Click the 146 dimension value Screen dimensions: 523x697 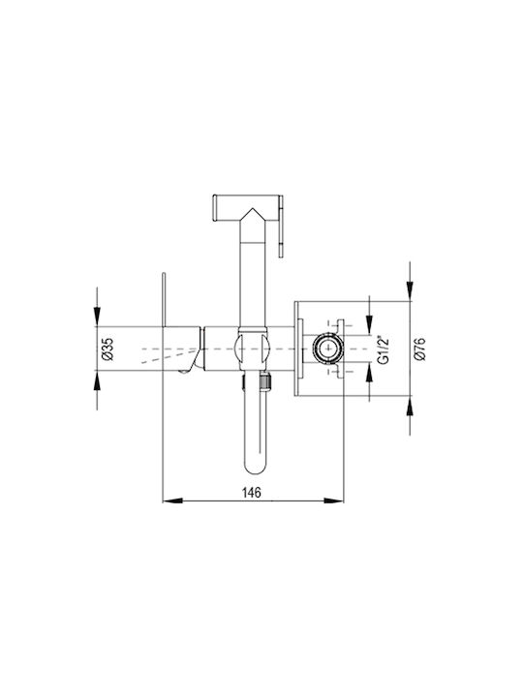coord(251,492)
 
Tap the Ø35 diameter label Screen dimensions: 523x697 coord(108,348)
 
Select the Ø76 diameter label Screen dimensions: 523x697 coord(419,348)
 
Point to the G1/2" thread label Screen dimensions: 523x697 coord(384,349)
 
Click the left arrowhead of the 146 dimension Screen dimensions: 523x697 coord(172,500)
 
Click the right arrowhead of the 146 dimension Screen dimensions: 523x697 coord(333,500)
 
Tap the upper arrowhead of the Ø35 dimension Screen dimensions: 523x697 coord(97,316)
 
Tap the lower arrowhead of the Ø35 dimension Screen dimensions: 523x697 coord(97,380)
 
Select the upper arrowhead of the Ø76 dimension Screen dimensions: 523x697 coord(410,291)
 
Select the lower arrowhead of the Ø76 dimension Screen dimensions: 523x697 coord(410,407)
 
